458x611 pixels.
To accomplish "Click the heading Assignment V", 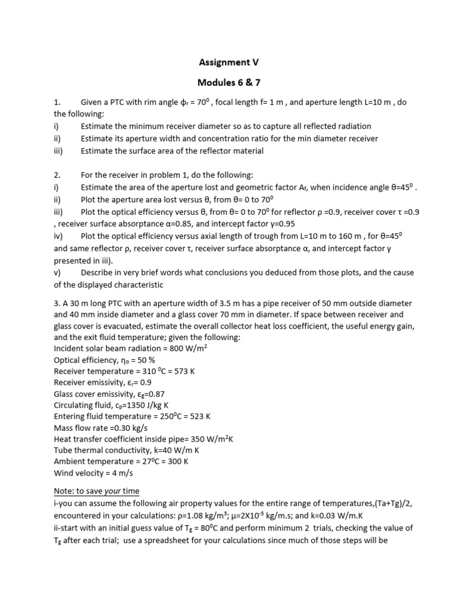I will (x=228, y=61).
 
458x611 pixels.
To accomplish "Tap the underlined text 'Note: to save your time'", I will (x=97, y=491).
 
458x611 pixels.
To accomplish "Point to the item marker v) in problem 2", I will (x=58, y=273).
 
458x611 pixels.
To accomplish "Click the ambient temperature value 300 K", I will (x=179, y=462).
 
